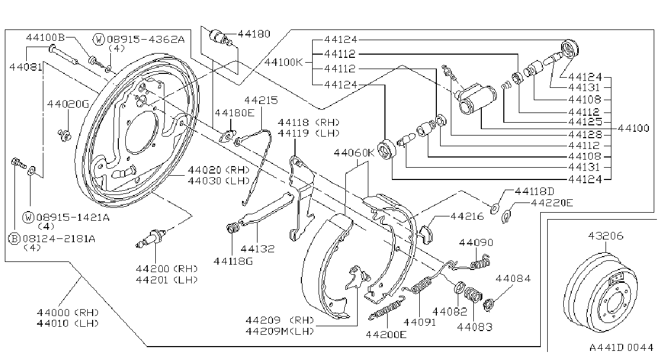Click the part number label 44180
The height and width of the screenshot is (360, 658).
pyautogui.click(x=254, y=34)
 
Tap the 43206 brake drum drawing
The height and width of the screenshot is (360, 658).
pyautogui.click(x=600, y=292)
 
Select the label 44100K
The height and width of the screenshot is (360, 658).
pyautogui.click(x=283, y=62)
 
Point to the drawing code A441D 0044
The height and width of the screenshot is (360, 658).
pyautogui.click(x=621, y=347)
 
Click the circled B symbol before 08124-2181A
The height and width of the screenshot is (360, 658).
pyautogui.click(x=14, y=238)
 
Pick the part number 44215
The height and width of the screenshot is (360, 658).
pyautogui.click(x=261, y=100)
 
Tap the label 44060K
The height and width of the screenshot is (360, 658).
pyautogui.click(x=354, y=153)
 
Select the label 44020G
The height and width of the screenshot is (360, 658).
pyautogui.click(x=68, y=104)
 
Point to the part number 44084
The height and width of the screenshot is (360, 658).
pyautogui.click(x=513, y=278)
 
